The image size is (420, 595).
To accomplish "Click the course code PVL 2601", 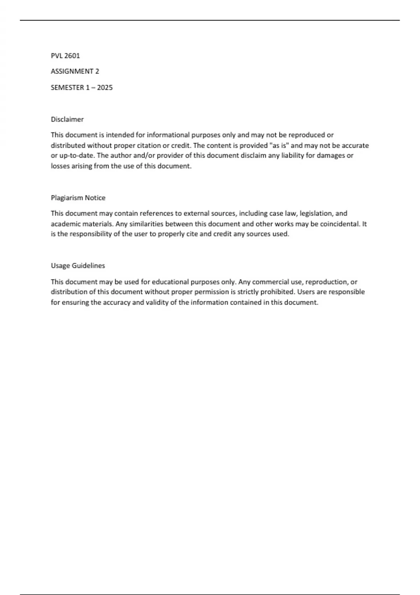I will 65,56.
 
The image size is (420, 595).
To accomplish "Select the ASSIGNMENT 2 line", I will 75,71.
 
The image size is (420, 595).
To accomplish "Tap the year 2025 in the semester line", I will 105,87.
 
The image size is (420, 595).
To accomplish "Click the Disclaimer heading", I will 67,119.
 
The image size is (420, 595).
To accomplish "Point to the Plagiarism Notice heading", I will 78,198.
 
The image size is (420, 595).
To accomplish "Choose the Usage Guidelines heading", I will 78,266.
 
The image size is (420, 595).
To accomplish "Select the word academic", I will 64,224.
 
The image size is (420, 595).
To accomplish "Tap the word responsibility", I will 94,234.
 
